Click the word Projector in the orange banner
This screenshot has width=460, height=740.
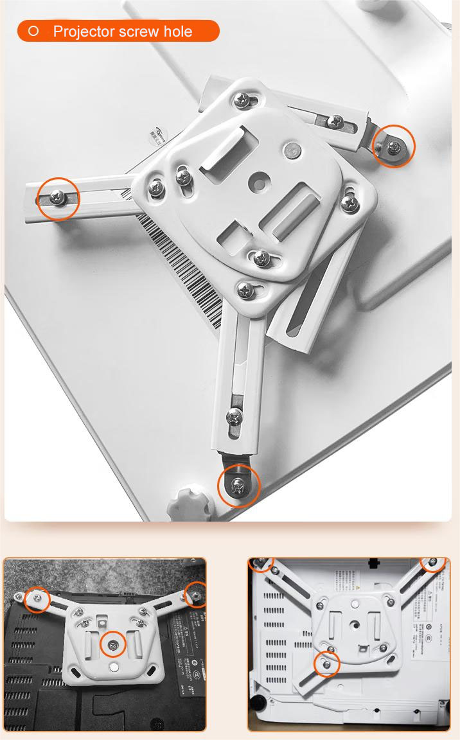pos(84,31)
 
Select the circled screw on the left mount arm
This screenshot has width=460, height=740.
pos(58,198)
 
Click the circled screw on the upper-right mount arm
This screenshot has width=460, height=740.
pos(394,146)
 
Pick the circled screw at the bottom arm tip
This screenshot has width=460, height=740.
pos(238,486)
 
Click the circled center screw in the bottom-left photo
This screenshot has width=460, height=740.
pos(113,644)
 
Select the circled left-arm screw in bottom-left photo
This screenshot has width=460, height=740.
pos(38,599)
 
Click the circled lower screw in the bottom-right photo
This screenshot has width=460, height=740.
pos(327,664)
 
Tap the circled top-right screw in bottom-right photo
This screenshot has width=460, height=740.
pos(434,563)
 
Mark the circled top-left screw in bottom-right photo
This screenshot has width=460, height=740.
pos(261,563)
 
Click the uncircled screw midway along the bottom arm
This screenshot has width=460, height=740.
pos(235,417)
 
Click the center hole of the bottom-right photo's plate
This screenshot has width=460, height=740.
pos(354,623)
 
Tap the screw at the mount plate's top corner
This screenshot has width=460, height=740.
pos(243,100)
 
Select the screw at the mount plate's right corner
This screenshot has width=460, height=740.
pos(349,204)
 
